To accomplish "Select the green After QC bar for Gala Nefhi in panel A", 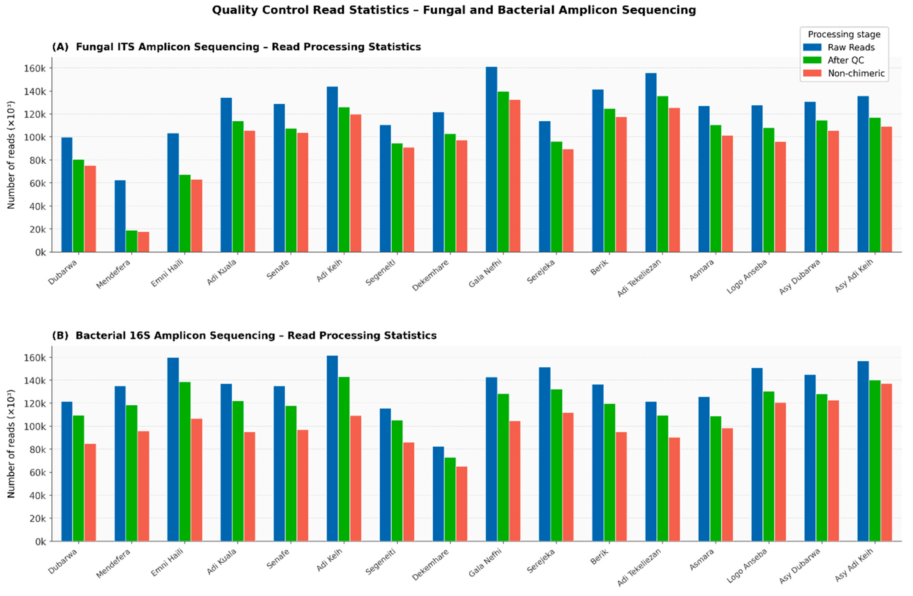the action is [503, 172].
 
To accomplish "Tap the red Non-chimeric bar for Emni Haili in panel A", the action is [196, 216].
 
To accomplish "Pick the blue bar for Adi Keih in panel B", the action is [332, 448].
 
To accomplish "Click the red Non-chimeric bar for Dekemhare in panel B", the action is [461, 504].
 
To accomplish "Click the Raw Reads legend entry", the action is [844, 47].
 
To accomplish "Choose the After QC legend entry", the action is [834, 60].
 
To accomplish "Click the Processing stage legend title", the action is [844, 34].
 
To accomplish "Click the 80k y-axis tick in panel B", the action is [38, 449].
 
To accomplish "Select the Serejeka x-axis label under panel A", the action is [541, 272].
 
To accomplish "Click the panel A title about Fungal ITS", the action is [236, 47].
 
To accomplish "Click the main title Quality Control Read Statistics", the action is [454, 10].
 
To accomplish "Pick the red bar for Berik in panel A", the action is [621, 185].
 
